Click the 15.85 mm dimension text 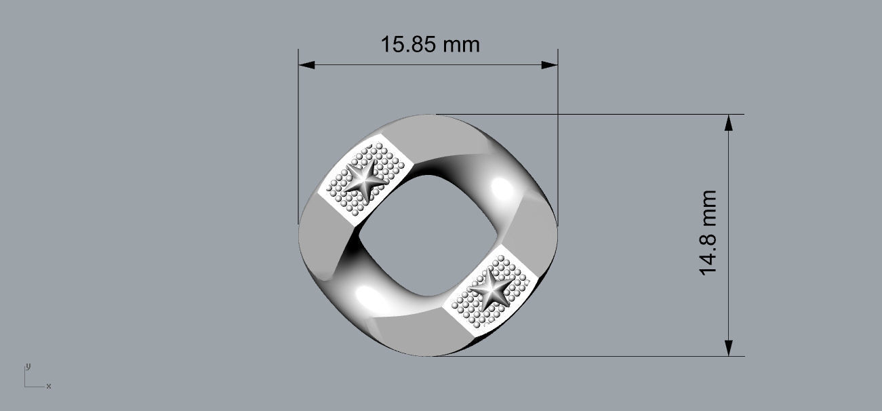coord(430,45)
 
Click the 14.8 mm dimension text coord(708,233)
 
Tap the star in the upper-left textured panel coord(365,178)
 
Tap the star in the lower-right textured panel coord(490,290)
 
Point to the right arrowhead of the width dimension coord(550,65)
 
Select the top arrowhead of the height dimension coord(729,122)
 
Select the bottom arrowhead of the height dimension coord(729,348)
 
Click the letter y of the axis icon coord(28,366)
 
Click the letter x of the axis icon coord(49,386)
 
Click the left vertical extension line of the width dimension coord(298,136)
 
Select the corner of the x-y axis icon coord(25,387)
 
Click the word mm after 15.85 coord(462,45)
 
